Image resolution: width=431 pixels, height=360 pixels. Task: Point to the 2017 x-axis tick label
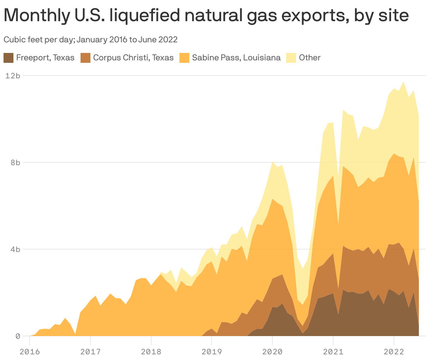coord(90,352)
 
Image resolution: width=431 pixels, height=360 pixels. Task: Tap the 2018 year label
coord(151,352)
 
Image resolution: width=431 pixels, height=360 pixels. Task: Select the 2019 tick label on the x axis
coord(212,352)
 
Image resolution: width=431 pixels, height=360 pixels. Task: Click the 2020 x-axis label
coord(272,352)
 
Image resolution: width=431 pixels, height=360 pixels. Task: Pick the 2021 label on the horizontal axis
coord(333,352)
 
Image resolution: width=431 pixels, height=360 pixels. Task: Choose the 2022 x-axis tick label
coord(394,352)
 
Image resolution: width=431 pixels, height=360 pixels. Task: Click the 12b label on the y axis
coord(13,76)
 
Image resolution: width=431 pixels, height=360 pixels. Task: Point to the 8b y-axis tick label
coord(15,162)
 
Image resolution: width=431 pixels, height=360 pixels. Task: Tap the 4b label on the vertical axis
coord(15,249)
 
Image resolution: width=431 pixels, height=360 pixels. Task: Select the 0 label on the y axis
coord(17,336)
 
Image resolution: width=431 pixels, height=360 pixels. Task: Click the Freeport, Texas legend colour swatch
coord(8,58)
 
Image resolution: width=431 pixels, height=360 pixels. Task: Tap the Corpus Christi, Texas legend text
coord(133,58)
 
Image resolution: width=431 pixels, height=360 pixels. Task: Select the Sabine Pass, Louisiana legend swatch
coord(184,58)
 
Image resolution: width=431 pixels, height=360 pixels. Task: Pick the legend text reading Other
coord(309,58)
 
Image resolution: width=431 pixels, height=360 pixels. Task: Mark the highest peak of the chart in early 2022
coord(403,82)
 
